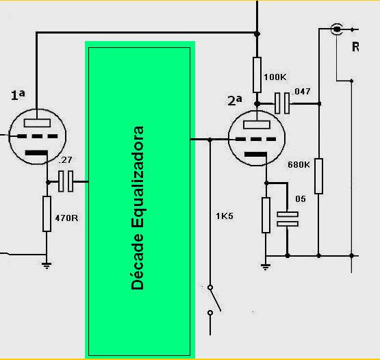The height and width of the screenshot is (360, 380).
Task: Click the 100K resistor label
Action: tap(275, 77)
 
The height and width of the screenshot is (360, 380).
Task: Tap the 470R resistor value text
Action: tap(66, 218)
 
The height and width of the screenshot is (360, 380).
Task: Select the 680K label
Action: tap(299, 165)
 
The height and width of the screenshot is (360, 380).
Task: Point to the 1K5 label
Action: tap(225, 216)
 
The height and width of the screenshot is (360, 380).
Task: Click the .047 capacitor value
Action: tap(301, 91)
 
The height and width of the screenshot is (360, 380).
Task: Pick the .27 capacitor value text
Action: tap(65, 160)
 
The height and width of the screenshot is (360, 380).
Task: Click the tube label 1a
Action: tap(18, 95)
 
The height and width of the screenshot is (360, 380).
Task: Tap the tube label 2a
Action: tap(235, 101)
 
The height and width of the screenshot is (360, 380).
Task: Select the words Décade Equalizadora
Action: tap(138, 208)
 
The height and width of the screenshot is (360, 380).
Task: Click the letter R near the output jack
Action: tap(355, 47)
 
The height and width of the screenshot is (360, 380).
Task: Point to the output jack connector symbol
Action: tap(337, 29)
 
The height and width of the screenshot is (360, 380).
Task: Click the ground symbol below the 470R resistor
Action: tap(47, 266)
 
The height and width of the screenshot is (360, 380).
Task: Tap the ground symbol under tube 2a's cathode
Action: tap(266, 267)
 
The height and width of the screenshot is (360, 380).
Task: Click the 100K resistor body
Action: tap(257, 75)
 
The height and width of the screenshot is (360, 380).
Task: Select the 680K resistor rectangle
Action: tap(318, 176)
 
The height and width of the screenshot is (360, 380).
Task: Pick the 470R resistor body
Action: tap(47, 214)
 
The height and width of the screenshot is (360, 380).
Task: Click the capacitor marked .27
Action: tap(66, 181)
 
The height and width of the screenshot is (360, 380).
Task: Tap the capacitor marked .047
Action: tap(282, 103)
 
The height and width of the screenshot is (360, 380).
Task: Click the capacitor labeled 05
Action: tap(288, 219)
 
